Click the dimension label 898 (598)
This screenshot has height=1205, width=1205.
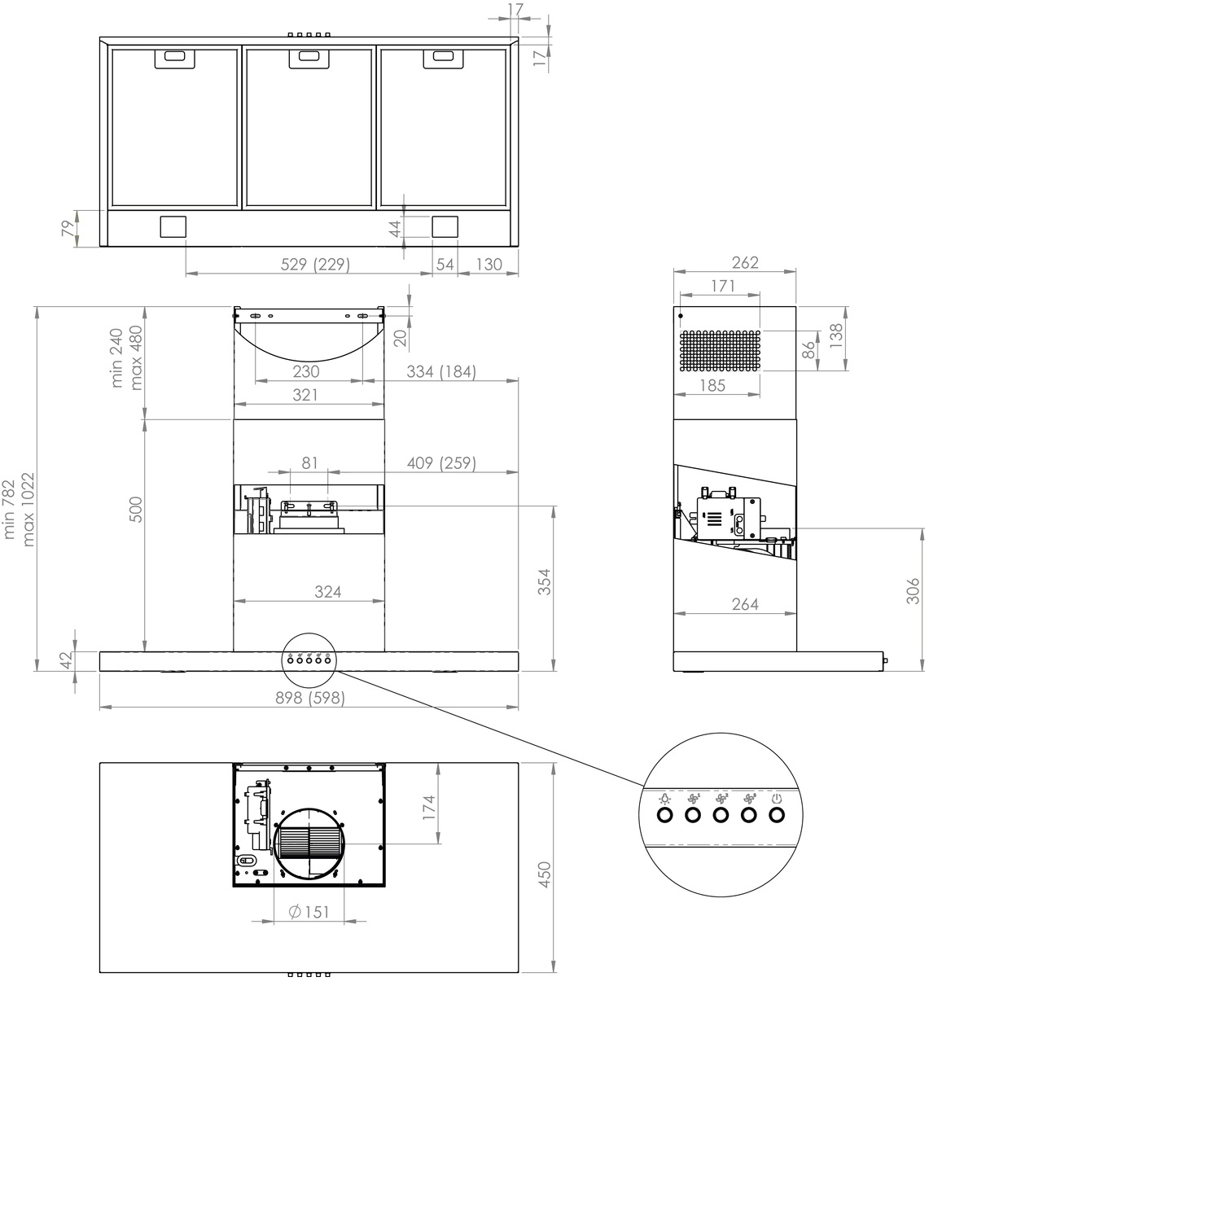[309, 698]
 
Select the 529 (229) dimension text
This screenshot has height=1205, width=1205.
[315, 264]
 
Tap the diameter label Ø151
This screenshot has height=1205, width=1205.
[309, 912]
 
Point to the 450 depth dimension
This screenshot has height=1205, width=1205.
[546, 874]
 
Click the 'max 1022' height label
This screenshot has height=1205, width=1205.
[28, 509]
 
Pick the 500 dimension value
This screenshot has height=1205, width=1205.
[136, 510]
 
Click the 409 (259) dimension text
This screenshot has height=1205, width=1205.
[441, 462]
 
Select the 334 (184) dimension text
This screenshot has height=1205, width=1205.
[441, 371]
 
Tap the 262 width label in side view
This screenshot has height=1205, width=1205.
[745, 262]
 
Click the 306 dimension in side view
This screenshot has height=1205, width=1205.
[913, 591]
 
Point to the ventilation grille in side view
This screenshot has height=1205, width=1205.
[720, 351]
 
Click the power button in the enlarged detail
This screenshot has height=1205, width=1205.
[777, 814]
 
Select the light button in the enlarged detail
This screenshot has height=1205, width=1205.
[665, 814]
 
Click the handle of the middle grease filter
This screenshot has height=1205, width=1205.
[309, 56]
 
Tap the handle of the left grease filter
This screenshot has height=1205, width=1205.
[175, 56]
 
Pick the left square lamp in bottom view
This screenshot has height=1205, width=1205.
[173, 226]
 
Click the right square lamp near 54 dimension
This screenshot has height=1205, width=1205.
[445, 226]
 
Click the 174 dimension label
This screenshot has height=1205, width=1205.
[429, 807]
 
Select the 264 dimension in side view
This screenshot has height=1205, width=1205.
[745, 603]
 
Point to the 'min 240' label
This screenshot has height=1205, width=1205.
[116, 358]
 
